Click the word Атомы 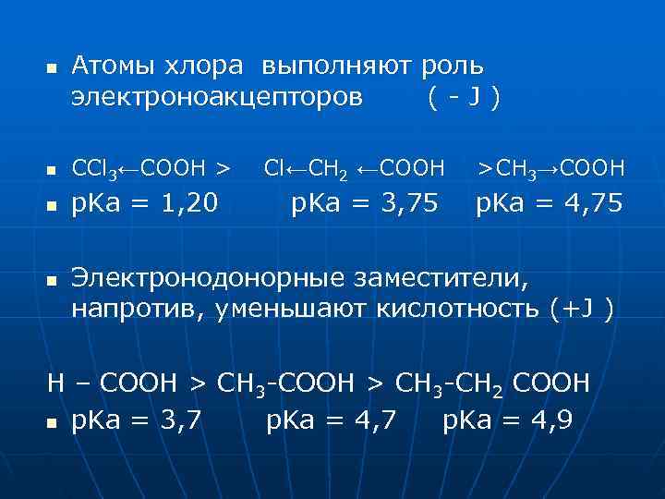113,67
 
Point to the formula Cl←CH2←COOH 354,168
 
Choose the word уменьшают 292,307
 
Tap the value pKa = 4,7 332,420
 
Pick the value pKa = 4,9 507,420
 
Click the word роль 452,67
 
